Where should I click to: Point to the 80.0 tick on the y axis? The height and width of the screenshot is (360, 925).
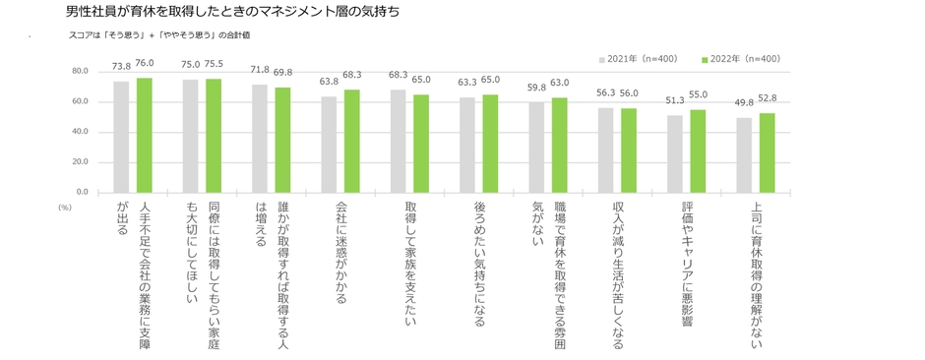tap(80, 72)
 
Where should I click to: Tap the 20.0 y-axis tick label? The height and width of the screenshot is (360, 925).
tap(80, 161)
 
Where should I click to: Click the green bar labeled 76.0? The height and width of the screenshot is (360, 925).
tap(144, 135)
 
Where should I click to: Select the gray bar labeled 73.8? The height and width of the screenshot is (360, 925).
tap(121, 137)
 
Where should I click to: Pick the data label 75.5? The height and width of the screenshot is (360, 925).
tap(214, 64)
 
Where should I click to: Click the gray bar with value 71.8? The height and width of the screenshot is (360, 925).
tap(260, 138)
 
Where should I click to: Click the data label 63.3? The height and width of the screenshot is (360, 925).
tap(467, 83)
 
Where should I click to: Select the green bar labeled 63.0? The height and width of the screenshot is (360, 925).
tap(559, 145)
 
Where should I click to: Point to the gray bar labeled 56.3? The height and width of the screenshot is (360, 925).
tap(605, 150)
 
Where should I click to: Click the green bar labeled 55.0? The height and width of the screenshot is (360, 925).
tap(697, 150)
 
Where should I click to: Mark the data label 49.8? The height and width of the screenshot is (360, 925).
tap(744, 102)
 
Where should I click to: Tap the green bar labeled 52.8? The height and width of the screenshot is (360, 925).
tap(767, 152)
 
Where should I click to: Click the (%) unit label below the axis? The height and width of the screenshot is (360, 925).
tap(65, 208)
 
